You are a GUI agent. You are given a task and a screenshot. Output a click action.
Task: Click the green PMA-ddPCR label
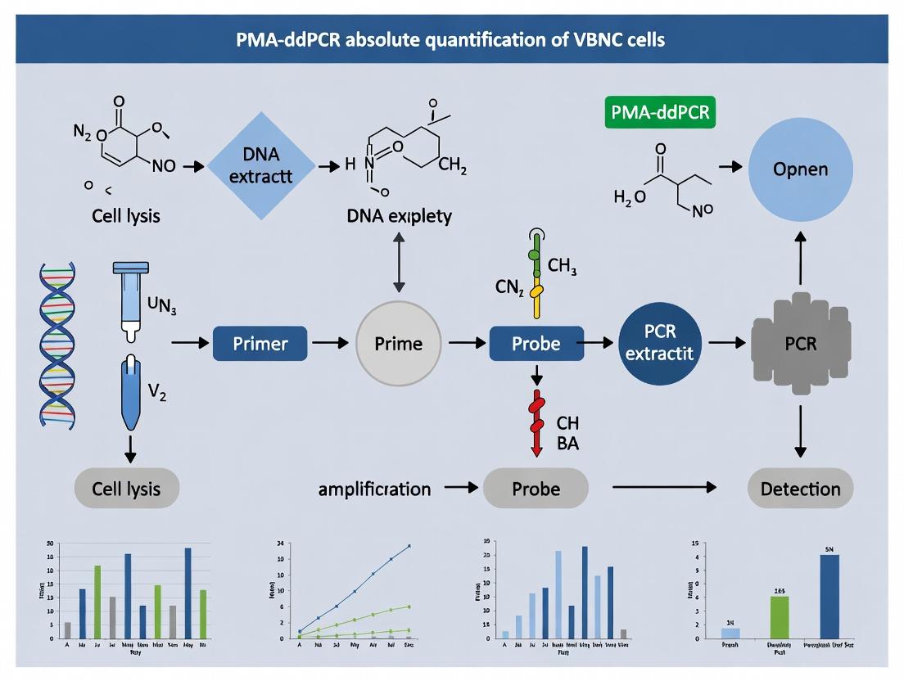[x=660, y=114]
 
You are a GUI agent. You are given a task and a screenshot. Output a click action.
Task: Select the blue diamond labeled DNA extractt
[x=260, y=166]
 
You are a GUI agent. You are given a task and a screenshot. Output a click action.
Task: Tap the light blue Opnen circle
[x=800, y=169]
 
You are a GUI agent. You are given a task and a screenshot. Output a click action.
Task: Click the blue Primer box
[x=260, y=343]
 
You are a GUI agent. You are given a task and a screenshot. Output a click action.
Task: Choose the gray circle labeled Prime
[x=398, y=343]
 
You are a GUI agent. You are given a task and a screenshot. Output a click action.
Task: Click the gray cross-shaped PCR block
[x=800, y=343]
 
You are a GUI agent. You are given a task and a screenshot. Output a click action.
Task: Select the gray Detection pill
[x=800, y=489]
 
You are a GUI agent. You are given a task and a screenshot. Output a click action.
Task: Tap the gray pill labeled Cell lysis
[x=126, y=489]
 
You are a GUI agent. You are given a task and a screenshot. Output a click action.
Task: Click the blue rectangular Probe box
[x=536, y=343]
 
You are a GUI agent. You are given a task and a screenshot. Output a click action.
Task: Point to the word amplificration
[x=375, y=489]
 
